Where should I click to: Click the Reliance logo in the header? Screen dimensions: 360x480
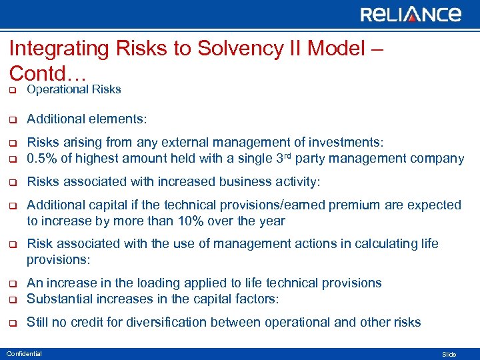411,14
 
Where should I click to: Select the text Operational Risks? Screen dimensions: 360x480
73,89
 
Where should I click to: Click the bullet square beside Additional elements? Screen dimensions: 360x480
11,119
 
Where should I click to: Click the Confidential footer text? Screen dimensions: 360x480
24,353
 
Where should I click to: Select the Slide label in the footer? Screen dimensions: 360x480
449,354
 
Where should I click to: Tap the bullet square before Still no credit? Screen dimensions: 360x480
11,323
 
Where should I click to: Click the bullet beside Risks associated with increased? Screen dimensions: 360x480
11,182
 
